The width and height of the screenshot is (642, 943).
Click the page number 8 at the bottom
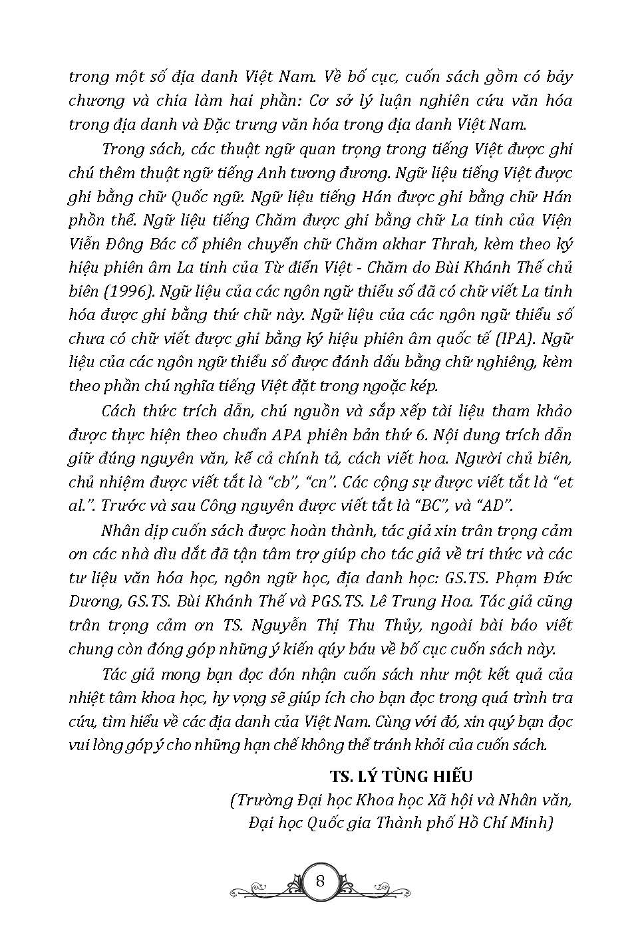pyautogui.click(x=321, y=882)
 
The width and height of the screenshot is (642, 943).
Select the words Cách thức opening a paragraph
pyautogui.click(x=134, y=411)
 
